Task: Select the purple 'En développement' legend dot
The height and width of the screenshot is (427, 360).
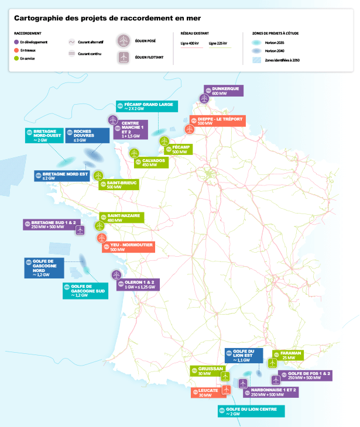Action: coord(16,43)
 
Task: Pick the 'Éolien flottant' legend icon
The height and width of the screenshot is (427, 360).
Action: coord(124,57)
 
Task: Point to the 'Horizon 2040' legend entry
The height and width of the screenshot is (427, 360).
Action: coord(273,51)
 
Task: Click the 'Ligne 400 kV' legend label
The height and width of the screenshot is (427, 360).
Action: coord(189,44)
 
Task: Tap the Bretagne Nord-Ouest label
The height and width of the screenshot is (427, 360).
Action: coord(44,136)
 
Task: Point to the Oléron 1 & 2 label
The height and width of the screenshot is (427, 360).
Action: coord(138,285)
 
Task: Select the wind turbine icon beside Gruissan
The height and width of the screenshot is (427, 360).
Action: coord(225,376)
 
